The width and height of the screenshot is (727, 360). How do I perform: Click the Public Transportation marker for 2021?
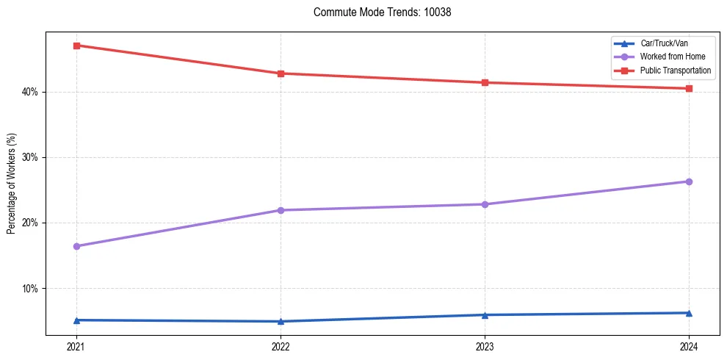pos(76,46)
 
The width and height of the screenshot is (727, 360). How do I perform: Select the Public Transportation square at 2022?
pos(281,73)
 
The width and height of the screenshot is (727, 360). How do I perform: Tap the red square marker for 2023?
pos(485,82)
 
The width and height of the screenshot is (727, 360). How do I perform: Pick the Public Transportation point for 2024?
pos(689,89)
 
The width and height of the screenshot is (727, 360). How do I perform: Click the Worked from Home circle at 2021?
pos(76,246)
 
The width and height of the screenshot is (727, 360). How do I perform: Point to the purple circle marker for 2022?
pos(281,210)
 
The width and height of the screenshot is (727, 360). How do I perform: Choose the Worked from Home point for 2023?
pos(485,204)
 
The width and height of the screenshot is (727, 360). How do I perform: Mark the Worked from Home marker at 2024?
pos(689,181)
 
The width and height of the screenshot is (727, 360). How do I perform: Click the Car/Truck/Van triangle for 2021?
pos(76,320)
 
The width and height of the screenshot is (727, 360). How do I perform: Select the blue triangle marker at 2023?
pos(485,315)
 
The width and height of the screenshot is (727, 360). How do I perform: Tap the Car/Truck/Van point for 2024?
pos(689,313)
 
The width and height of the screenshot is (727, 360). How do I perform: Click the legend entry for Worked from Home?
pos(673,57)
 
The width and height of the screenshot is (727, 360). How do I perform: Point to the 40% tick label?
pos(30,92)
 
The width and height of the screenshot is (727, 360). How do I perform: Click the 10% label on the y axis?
pos(30,288)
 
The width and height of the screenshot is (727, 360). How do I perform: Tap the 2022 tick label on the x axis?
pos(281,347)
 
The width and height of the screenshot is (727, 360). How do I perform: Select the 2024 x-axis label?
pos(689,347)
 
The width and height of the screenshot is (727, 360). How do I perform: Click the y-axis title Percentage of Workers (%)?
pos(11,184)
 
